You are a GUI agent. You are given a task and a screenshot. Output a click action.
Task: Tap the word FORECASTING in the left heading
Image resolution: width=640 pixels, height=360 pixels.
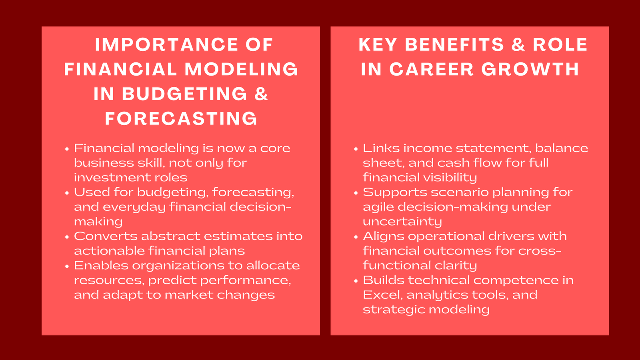181,119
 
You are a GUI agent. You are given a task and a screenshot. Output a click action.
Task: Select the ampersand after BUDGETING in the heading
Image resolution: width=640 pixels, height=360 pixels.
261,94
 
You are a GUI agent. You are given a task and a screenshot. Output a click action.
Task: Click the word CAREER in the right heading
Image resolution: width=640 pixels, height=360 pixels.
431,70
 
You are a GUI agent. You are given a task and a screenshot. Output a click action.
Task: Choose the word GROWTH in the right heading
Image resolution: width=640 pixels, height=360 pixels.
530,70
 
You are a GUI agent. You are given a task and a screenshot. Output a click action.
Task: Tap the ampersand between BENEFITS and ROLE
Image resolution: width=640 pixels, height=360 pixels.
518,45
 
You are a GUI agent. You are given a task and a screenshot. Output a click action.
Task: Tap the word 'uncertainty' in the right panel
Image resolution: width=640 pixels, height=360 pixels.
402,222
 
